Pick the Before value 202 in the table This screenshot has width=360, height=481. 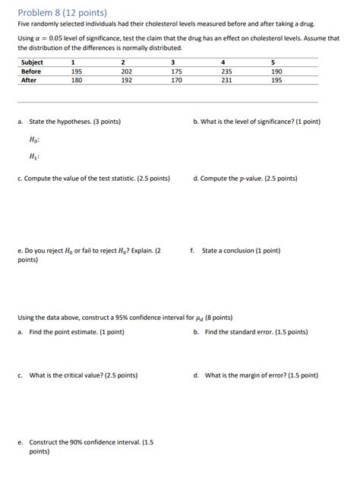point(126,71)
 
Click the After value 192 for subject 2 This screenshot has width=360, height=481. point(126,79)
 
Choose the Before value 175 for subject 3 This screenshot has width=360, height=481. point(176,71)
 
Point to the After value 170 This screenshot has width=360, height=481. point(176,79)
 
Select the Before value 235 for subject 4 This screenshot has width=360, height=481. point(226,71)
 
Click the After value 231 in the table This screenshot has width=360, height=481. point(226,79)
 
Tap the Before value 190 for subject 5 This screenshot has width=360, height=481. point(276,71)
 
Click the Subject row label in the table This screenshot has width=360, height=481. point(33,62)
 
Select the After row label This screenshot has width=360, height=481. point(30,79)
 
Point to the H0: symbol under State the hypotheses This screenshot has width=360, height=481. point(34,140)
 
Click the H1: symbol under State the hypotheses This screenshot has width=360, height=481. point(34,157)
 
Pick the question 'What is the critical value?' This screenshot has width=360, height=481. point(83,375)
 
